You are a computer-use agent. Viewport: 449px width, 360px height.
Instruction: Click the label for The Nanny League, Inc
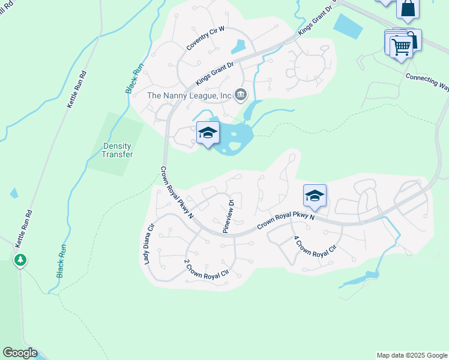190,95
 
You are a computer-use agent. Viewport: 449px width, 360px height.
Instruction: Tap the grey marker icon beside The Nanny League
241,94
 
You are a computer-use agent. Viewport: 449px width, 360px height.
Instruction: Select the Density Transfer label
117,149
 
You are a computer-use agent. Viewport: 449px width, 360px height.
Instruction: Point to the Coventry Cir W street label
204,38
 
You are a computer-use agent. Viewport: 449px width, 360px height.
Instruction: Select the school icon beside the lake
208,134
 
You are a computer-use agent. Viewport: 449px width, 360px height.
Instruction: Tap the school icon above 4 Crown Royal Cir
315,196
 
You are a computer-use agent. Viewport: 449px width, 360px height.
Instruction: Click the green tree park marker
20,260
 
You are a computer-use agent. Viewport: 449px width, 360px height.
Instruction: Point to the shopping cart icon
401,47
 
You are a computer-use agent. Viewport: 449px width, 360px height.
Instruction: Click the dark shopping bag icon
408,9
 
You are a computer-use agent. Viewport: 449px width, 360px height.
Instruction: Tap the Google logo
19,353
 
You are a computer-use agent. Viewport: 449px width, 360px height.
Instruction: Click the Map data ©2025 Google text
411,355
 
